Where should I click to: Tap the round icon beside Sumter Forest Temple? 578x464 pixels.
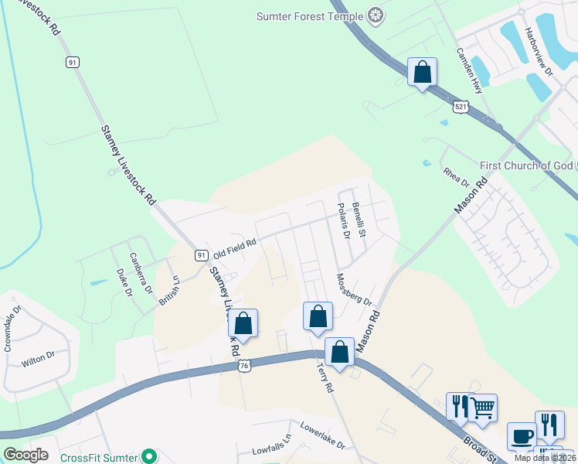tap(376, 15)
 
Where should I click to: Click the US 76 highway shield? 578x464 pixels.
tap(244, 365)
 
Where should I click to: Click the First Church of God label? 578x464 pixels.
tap(526, 165)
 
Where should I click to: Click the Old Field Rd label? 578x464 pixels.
tap(234, 248)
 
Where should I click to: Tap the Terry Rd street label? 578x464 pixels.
tap(325, 378)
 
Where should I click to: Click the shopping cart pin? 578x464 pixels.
tap(483, 408)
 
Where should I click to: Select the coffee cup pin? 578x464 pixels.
tap(522, 435)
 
